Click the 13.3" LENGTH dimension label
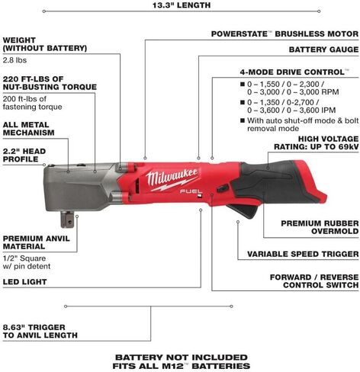182,5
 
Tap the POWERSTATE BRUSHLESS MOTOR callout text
284,34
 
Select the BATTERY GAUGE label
323,50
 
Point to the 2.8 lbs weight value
14,60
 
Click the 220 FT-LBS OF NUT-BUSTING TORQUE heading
50,83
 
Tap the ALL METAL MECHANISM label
28,129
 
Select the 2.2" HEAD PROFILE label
24,155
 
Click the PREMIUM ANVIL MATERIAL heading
36,242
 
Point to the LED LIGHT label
24,282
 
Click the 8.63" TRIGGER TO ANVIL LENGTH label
40,331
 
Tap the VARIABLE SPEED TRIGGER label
303,254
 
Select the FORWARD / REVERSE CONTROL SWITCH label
314,281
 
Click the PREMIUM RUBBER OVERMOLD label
320,227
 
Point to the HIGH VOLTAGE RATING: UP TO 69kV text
317,143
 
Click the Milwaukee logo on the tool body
172,179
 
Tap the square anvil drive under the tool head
67,219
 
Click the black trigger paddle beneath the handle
243,210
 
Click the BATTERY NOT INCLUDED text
182,358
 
